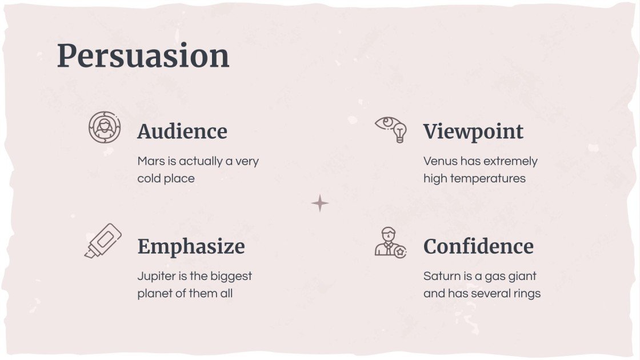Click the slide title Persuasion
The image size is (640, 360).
(x=143, y=56)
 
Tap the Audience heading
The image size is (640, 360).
(x=182, y=131)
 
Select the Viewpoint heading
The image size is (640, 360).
(x=473, y=131)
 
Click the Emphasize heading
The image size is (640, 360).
(x=191, y=246)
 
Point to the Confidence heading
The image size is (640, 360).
(x=478, y=246)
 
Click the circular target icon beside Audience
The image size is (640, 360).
(x=105, y=127)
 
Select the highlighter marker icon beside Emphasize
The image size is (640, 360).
(x=103, y=241)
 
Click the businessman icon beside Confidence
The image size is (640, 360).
(x=390, y=242)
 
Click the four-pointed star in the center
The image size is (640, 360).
(x=320, y=203)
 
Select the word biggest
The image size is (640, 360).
(x=231, y=277)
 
